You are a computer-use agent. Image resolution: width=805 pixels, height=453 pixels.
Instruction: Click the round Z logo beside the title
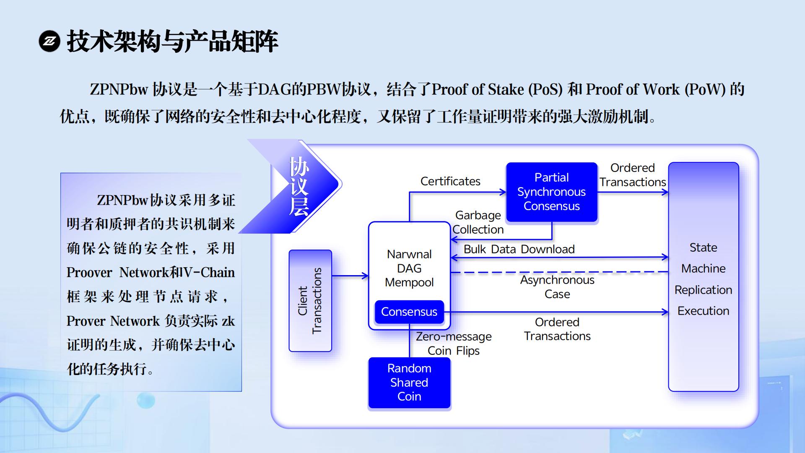click(x=49, y=41)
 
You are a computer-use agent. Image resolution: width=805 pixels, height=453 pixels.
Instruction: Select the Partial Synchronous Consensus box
click(x=551, y=192)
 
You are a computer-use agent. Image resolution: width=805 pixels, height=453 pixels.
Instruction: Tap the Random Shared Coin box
click(x=409, y=382)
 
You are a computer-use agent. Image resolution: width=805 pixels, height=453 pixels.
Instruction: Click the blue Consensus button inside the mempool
click(x=409, y=312)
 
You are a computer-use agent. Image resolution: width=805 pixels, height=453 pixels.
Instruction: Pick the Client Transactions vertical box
click(x=310, y=301)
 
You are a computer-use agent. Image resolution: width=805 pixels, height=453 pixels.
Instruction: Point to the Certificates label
click(x=450, y=181)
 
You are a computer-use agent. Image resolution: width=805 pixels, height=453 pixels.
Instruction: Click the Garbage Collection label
click(x=478, y=222)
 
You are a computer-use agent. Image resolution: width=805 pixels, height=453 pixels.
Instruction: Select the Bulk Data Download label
click(x=519, y=249)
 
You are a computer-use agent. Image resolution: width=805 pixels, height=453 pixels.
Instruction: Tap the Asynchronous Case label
click(x=557, y=287)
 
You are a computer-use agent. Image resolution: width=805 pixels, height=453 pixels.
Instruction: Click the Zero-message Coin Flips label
click(x=454, y=344)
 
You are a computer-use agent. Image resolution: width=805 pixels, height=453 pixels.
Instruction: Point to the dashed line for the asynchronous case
click(x=558, y=272)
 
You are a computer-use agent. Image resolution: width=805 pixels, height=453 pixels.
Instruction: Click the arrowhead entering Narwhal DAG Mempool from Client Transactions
click(x=365, y=276)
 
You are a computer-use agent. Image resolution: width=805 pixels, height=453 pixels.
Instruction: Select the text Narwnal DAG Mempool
click(x=409, y=268)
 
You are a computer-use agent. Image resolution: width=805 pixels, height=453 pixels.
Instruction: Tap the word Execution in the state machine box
click(x=703, y=311)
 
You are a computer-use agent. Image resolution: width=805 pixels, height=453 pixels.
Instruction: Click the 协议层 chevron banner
click(x=299, y=186)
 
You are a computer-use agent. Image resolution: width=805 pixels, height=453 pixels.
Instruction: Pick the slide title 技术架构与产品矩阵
click(x=172, y=41)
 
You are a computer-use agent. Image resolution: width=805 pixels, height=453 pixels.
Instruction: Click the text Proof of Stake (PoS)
click(x=497, y=89)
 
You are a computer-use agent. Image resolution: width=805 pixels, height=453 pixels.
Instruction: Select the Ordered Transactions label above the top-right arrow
click(x=632, y=175)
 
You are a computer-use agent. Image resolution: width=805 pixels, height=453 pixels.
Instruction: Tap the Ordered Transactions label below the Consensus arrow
click(x=557, y=329)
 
